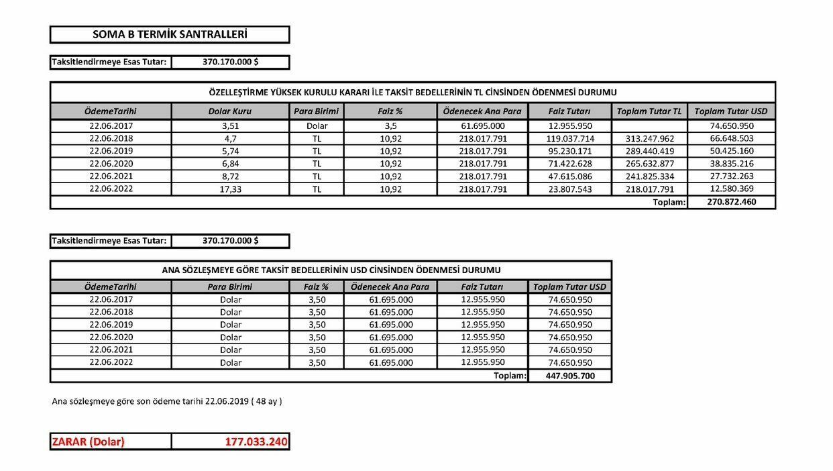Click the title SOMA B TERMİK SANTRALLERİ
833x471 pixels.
(169, 34)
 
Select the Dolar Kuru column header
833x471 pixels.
(231, 111)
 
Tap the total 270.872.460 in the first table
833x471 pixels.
(731, 202)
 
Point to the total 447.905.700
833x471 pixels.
(570, 376)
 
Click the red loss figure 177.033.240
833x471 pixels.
(256, 441)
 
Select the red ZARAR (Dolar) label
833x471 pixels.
(89, 441)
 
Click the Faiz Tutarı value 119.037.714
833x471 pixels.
(570, 139)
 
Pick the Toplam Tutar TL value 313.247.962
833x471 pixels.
(649, 139)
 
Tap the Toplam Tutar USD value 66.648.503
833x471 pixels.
(731, 139)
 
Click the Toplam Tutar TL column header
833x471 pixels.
(649, 111)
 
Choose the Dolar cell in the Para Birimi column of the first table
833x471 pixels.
(317, 126)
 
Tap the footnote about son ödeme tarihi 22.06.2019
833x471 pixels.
(167, 402)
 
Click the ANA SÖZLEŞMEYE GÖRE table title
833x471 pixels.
(331, 270)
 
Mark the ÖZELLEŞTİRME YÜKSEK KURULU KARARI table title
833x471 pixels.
(412, 92)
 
